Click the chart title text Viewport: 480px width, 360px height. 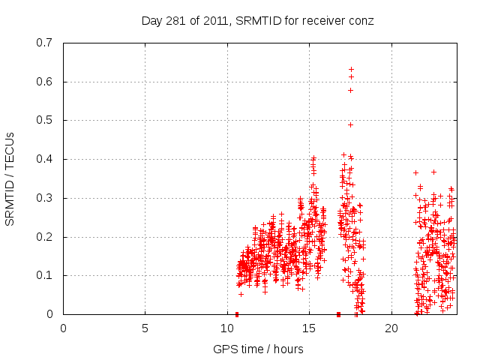257,20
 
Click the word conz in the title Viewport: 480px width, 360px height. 361,20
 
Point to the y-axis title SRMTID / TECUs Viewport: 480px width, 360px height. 10,178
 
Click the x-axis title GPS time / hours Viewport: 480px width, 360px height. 257,349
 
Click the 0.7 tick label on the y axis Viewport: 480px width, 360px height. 44,43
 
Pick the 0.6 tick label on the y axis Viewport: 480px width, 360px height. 44,82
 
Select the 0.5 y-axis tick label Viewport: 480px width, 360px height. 44,120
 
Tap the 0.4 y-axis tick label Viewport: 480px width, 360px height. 44,159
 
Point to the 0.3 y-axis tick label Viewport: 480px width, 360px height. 44,198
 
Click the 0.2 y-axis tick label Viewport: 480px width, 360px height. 44,237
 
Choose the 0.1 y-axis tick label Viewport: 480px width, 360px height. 44,275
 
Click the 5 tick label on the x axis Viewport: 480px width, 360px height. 145,328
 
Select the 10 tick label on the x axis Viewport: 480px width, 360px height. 227,328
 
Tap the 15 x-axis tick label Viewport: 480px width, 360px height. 309,328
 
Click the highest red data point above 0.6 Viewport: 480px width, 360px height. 351,69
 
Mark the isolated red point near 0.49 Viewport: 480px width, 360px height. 350,124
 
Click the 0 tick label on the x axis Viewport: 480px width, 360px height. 63,328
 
